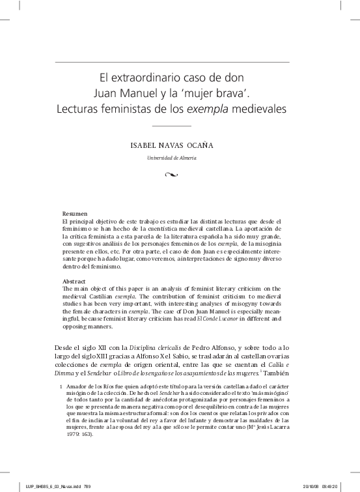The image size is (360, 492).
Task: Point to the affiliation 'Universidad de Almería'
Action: click(x=171, y=158)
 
